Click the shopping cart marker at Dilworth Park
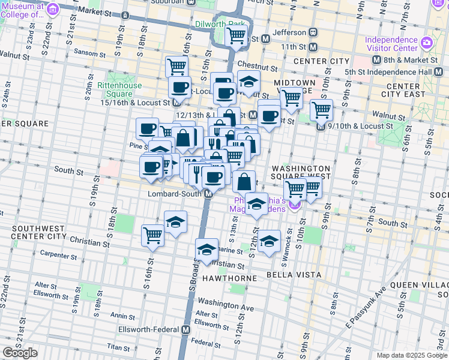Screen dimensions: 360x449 tap(236, 35)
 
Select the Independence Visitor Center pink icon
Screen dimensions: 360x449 tap(427, 43)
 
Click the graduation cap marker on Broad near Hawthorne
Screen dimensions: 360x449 tap(206, 250)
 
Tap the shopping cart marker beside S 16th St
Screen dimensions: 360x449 tap(153, 235)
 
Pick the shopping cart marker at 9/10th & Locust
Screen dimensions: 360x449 tap(322, 110)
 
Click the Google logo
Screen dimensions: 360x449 tap(20, 353)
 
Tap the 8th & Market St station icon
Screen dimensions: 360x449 tap(377, 60)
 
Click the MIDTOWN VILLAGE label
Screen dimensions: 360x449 tap(294, 86)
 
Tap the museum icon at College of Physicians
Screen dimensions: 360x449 tap(52, 9)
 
